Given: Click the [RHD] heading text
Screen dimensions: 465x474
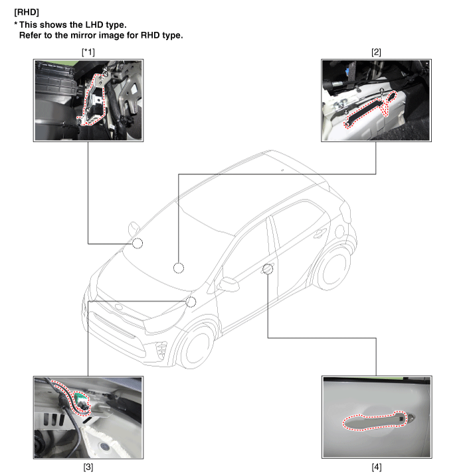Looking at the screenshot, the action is (27, 13).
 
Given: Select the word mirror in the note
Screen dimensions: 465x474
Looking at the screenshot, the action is (84, 35).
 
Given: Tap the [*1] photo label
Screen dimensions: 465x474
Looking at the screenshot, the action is (88, 52).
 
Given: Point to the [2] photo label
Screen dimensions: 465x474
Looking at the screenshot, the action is (376, 52).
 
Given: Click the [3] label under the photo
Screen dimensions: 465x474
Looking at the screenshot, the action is (88, 467).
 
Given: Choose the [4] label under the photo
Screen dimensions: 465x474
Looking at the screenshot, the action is (377, 467).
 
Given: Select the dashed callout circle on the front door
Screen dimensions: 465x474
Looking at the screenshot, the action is (268, 268).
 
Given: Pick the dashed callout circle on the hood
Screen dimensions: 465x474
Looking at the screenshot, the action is (179, 268).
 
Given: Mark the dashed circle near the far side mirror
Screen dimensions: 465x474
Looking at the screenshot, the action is (138, 243).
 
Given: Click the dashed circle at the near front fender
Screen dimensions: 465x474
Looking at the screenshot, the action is (191, 302).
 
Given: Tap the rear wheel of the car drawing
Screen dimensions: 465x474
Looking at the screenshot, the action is (333, 269).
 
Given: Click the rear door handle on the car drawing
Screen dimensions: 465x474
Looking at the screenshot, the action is (320, 233).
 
